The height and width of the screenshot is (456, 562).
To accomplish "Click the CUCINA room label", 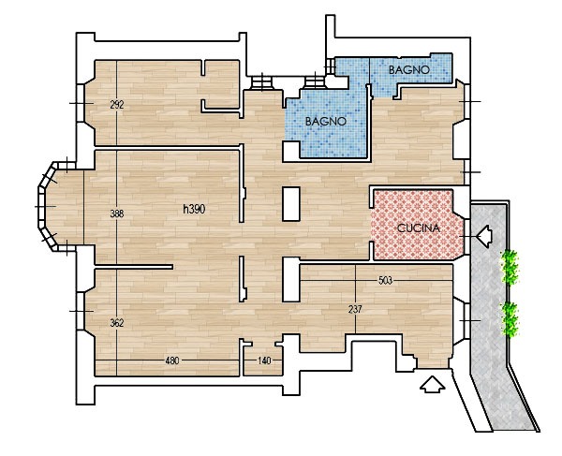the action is point(419,228).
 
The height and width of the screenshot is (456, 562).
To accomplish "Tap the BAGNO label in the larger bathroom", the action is point(326,122).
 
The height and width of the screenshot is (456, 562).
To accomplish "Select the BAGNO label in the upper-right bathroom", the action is point(409,70).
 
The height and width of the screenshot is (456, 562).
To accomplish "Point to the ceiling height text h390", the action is point(194,209).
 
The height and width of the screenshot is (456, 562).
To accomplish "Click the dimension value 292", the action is point(117,105).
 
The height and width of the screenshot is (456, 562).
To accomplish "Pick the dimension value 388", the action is point(117,213).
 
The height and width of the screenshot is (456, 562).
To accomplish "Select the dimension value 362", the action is point(117,323).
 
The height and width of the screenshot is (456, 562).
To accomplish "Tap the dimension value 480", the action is point(172,360).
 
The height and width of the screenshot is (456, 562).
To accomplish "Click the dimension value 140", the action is point(264,360).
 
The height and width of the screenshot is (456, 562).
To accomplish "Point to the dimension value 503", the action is point(385,281).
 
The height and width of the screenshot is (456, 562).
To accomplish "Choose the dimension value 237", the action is point(355,309).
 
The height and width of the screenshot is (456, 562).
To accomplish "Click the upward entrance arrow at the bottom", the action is point(432,384).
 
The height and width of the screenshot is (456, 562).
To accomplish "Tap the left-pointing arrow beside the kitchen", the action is point(484,236).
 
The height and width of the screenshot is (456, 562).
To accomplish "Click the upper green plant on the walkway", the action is point(510,267).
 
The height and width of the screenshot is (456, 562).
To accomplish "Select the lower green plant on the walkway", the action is point(510,319).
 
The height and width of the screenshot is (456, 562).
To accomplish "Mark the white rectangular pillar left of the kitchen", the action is point(291,204).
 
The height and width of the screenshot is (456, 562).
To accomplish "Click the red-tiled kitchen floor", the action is point(418,225).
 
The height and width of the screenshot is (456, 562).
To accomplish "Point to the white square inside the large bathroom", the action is point(290,151).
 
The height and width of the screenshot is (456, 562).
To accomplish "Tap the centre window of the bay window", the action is point(41,207).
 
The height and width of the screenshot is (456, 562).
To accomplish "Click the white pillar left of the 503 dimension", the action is point(291,279).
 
